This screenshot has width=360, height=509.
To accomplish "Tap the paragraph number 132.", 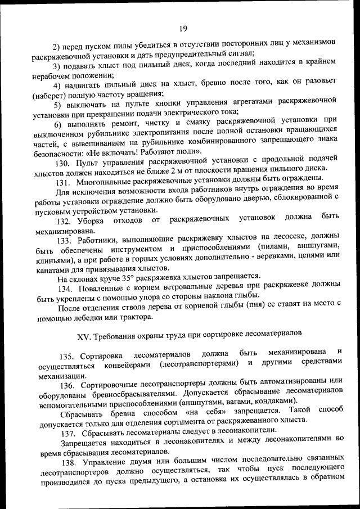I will point(65,219).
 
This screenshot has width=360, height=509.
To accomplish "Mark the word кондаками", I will point(277,402).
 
